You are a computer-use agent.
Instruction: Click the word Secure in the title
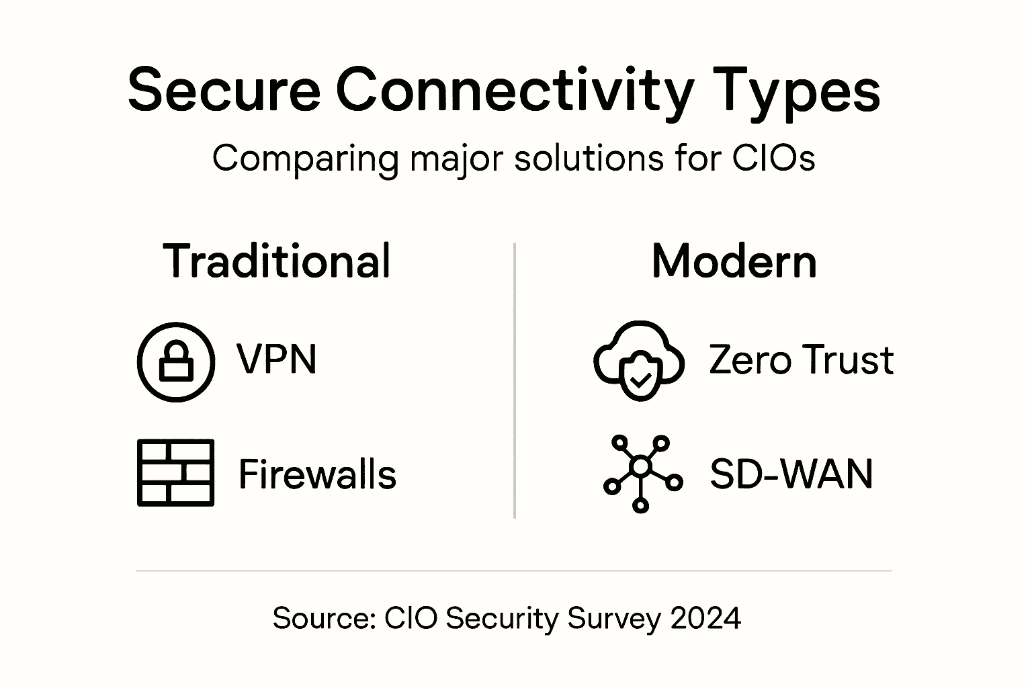pos(224,91)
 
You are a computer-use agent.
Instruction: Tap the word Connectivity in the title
pos(514,91)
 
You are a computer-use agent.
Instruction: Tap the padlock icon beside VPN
pos(176,362)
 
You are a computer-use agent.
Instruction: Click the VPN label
pos(276,359)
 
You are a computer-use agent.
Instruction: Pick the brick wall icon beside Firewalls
pos(175,472)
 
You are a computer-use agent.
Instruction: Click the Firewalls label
pos(317,474)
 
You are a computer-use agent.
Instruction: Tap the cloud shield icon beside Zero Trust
pos(638,361)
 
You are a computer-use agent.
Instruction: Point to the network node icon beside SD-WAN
pos(642,473)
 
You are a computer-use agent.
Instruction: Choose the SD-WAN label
pos(791,474)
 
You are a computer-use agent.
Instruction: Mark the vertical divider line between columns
pos(515,380)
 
